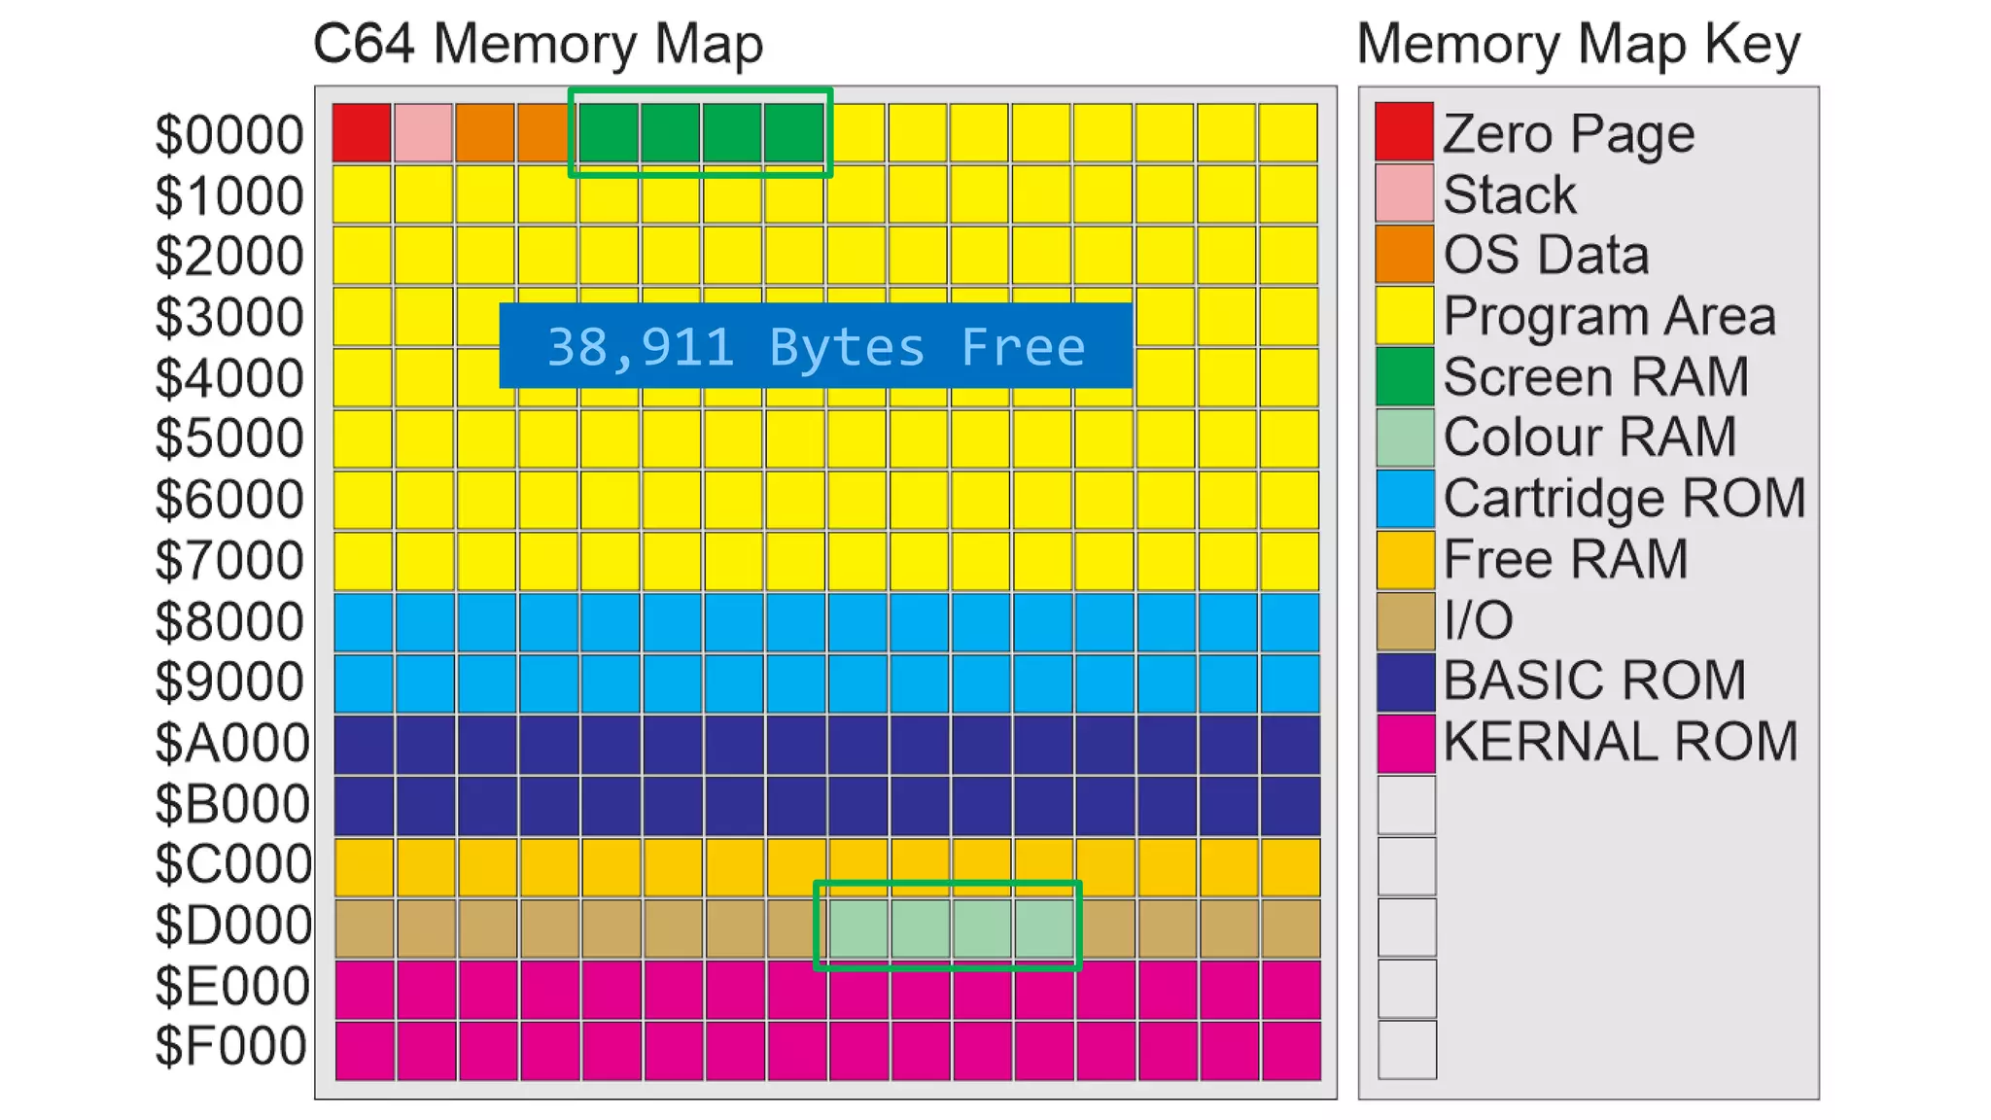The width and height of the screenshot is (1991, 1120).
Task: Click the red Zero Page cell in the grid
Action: tap(362, 132)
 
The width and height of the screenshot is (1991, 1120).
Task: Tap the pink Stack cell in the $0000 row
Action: tap(423, 132)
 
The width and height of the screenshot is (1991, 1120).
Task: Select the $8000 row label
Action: tap(229, 621)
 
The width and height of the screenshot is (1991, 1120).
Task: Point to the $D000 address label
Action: tap(232, 925)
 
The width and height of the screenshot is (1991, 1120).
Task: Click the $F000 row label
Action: tap(230, 1046)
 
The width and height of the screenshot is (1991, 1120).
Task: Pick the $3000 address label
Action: tap(229, 317)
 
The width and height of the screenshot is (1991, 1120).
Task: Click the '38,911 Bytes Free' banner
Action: tap(816, 346)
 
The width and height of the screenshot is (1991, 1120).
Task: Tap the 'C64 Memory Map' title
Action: tap(538, 44)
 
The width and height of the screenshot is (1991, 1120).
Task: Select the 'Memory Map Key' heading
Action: tap(1578, 44)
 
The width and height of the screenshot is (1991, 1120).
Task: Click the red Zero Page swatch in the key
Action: tap(1404, 131)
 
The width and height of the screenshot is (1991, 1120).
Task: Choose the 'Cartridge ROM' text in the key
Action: tap(1624, 498)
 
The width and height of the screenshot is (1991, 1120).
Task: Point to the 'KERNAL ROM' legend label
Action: tap(1620, 741)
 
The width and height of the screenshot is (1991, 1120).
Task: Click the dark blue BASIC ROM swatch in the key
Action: tap(1405, 682)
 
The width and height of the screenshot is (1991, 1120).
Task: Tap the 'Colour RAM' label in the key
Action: tap(1589, 437)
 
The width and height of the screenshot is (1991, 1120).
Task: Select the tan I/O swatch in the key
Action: tap(1405, 620)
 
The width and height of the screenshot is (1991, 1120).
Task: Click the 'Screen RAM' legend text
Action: tap(1595, 376)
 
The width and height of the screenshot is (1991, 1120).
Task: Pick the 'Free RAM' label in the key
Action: tap(1565, 559)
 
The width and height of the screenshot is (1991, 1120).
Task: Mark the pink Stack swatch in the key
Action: tap(1404, 192)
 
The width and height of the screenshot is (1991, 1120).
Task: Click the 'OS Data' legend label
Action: tap(1546, 255)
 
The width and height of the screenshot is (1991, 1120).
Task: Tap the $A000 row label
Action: tap(231, 743)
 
